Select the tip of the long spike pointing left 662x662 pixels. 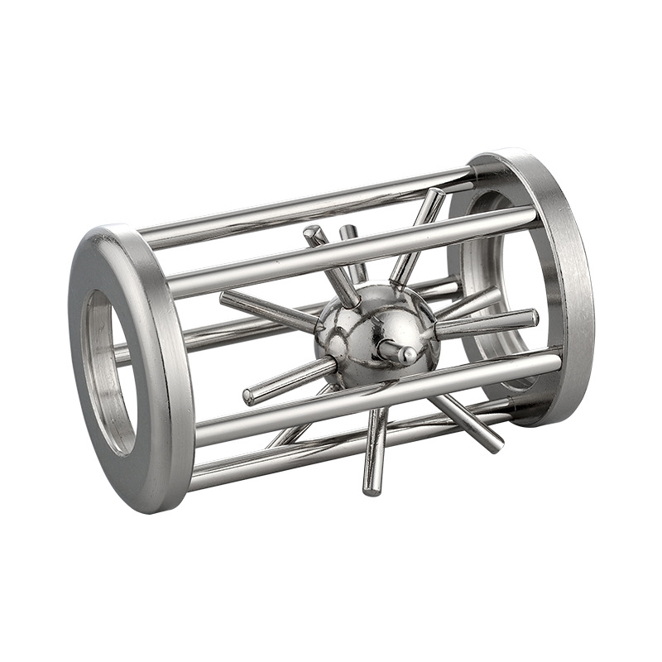[226, 298]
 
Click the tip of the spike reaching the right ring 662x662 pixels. [532, 317]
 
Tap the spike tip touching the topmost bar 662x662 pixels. [436, 194]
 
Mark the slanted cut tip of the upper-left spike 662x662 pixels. [312, 233]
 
